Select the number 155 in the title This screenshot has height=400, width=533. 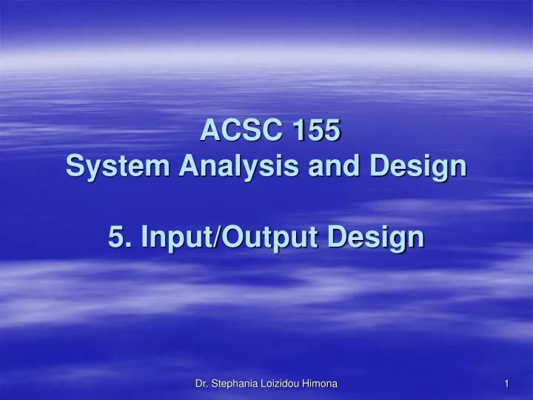pos(316,131)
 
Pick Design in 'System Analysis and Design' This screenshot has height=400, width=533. pos(419,166)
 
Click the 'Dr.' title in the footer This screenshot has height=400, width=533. pos(200,383)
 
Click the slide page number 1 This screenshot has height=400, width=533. pos(506,383)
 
